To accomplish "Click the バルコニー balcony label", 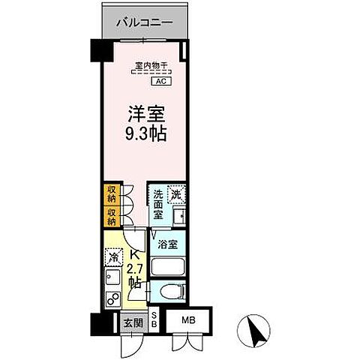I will [144, 23].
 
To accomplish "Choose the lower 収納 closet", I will [110, 218].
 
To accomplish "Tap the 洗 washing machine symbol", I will [175, 193].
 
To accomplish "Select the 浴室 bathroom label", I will [168, 244].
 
